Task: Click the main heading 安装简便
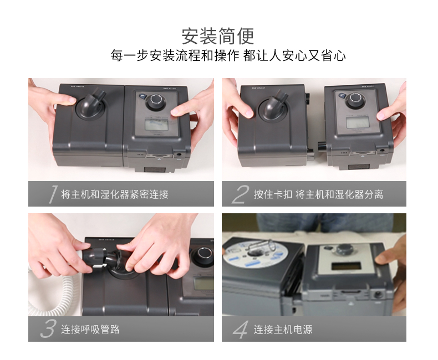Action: [218, 36]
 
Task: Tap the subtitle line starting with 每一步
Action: [228, 55]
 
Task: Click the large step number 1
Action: [53, 194]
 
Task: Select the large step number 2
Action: [240, 194]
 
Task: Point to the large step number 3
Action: [48, 329]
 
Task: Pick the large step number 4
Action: [240, 330]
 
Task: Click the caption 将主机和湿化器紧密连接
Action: [115, 194]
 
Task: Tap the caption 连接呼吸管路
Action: [90, 330]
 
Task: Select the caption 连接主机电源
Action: [283, 330]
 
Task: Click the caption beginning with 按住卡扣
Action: [318, 194]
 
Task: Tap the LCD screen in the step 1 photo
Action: [156, 124]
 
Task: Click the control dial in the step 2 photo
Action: [355, 100]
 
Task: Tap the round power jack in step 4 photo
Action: [378, 294]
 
